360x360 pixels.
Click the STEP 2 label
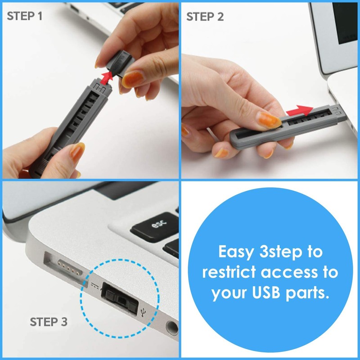(205, 17)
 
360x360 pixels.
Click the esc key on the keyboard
(154, 225)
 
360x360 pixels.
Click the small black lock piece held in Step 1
(120, 63)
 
